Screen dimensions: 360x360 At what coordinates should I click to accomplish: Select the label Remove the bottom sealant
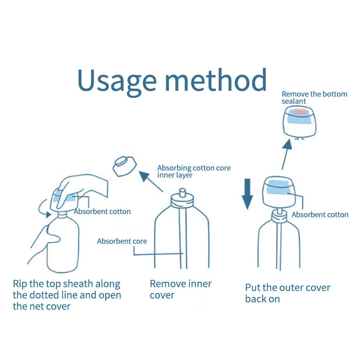[x=314, y=97]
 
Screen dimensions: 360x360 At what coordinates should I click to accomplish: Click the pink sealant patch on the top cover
[x=300, y=112]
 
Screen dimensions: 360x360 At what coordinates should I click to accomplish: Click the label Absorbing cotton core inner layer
[x=193, y=171]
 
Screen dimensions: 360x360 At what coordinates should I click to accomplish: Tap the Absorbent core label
[x=122, y=241]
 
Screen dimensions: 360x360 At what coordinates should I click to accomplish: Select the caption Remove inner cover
[x=180, y=289]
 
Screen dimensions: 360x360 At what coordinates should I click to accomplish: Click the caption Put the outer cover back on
[x=287, y=293]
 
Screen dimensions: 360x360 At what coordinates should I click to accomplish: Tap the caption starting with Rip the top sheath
[x=67, y=295]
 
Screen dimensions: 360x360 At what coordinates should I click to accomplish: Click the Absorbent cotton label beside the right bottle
[x=320, y=215]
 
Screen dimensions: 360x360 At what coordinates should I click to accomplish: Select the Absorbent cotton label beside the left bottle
[x=102, y=211]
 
